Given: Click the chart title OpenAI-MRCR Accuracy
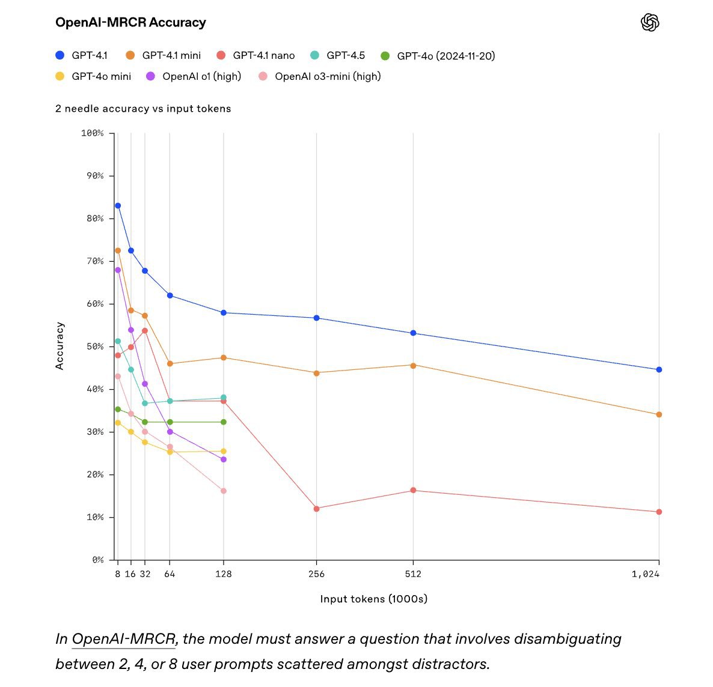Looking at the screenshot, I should click(x=130, y=23).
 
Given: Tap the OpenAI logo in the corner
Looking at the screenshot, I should click(x=650, y=23).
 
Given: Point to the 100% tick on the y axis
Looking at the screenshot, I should click(x=93, y=133).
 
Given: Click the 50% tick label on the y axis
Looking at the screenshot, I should click(x=94, y=347).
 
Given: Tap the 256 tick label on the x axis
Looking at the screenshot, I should click(x=316, y=574).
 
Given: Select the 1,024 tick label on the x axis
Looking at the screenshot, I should click(x=645, y=574).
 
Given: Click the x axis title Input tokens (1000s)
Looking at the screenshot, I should click(x=373, y=599).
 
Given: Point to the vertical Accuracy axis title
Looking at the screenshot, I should click(x=60, y=346).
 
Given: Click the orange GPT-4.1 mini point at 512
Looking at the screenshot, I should click(x=413, y=365).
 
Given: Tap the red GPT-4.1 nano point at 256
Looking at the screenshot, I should click(x=317, y=509).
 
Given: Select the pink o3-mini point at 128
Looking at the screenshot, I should click(x=224, y=491).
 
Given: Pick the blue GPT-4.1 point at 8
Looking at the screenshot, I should click(x=118, y=205).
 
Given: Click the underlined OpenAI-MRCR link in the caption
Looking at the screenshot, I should click(x=123, y=638).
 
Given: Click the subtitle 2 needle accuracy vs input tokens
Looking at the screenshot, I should click(x=143, y=109).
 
